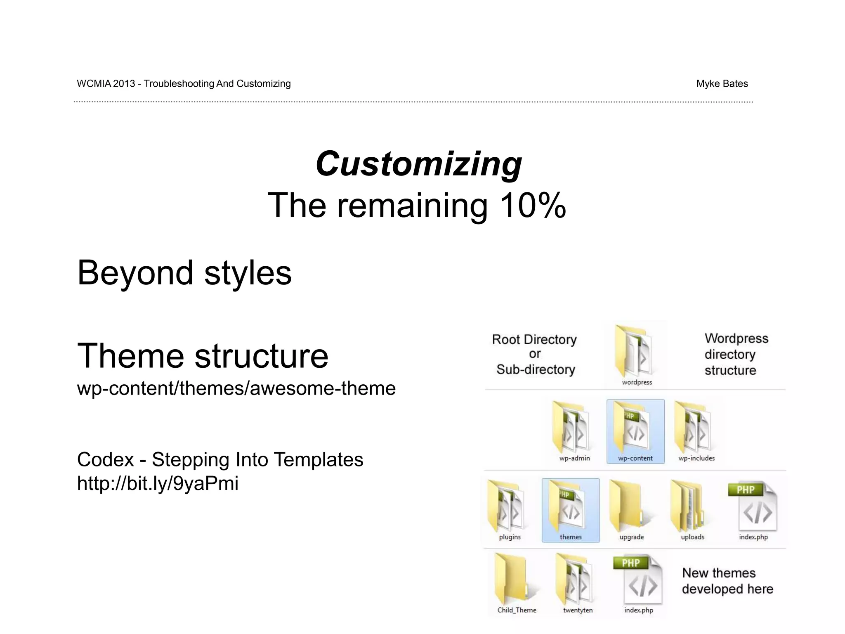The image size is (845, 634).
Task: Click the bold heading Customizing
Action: click(x=418, y=164)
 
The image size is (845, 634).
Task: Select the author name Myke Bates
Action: click(x=722, y=84)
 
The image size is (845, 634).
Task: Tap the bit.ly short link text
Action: click(x=158, y=483)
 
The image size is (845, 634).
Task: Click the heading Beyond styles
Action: click(x=184, y=273)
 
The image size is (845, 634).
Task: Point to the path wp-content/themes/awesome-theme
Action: click(x=236, y=388)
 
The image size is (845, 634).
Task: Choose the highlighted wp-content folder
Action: click(x=635, y=431)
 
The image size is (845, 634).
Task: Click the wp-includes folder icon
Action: click(x=696, y=429)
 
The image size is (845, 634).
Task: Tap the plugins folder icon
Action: click(x=508, y=507)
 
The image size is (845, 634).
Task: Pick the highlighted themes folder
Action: click(x=570, y=510)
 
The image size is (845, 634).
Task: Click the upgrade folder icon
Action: click(x=630, y=507)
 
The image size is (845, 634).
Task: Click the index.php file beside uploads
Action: click(x=753, y=508)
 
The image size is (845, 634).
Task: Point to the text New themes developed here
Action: click(x=727, y=581)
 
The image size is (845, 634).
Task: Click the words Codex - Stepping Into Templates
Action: click(x=220, y=460)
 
